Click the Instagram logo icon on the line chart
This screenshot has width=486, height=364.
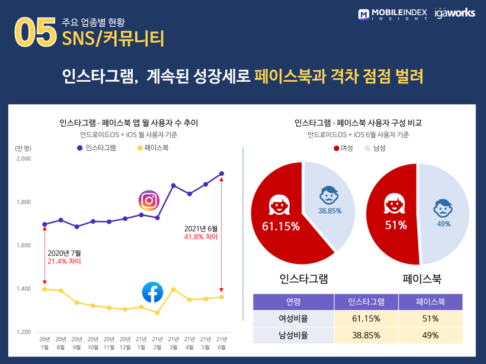click(150, 200)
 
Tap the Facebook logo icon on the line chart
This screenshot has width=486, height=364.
click(153, 292)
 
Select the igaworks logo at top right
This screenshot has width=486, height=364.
click(455, 13)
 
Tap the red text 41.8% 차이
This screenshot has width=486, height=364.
click(201, 237)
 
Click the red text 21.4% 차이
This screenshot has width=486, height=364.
click(64, 261)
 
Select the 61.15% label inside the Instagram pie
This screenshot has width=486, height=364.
click(277, 226)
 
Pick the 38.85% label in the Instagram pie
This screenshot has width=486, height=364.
click(330, 211)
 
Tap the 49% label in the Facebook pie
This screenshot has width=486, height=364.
click(443, 224)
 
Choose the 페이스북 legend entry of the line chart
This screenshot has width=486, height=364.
click(152, 148)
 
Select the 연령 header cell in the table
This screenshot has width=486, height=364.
click(293, 302)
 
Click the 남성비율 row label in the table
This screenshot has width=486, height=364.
click(293, 336)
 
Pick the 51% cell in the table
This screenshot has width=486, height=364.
click(430, 319)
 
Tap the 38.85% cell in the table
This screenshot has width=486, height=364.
click(365, 336)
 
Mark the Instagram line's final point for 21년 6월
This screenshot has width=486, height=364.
click(222, 173)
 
